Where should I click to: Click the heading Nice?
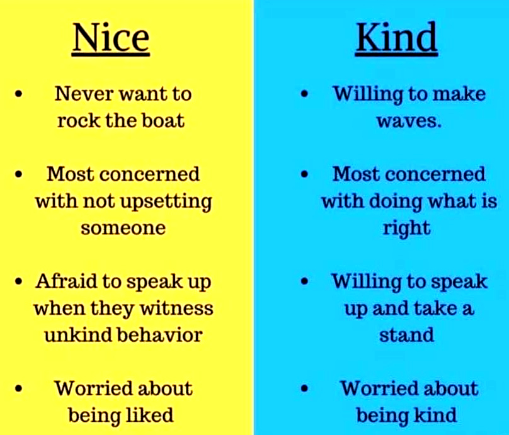click(x=111, y=38)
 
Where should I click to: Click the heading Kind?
click(x=396, y=38)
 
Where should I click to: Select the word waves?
click(x=409, y=121)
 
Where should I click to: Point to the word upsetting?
click(x=166, y=202)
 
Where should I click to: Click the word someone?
click(x=123, y=228)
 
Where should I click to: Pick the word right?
click(x=407, y=229)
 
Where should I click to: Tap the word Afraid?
click(x=66, y=281)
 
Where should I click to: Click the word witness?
click(x=177, y=308)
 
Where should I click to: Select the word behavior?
click(x=160, y=335)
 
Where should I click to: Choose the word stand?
click(x=406, y=335)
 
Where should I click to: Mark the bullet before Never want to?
click(x=18, y=94)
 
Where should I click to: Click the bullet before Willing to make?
click(x=304, y=94)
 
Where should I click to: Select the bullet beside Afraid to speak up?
click(x=18, y=281)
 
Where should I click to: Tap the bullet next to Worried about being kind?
click(x=304, y=388)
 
